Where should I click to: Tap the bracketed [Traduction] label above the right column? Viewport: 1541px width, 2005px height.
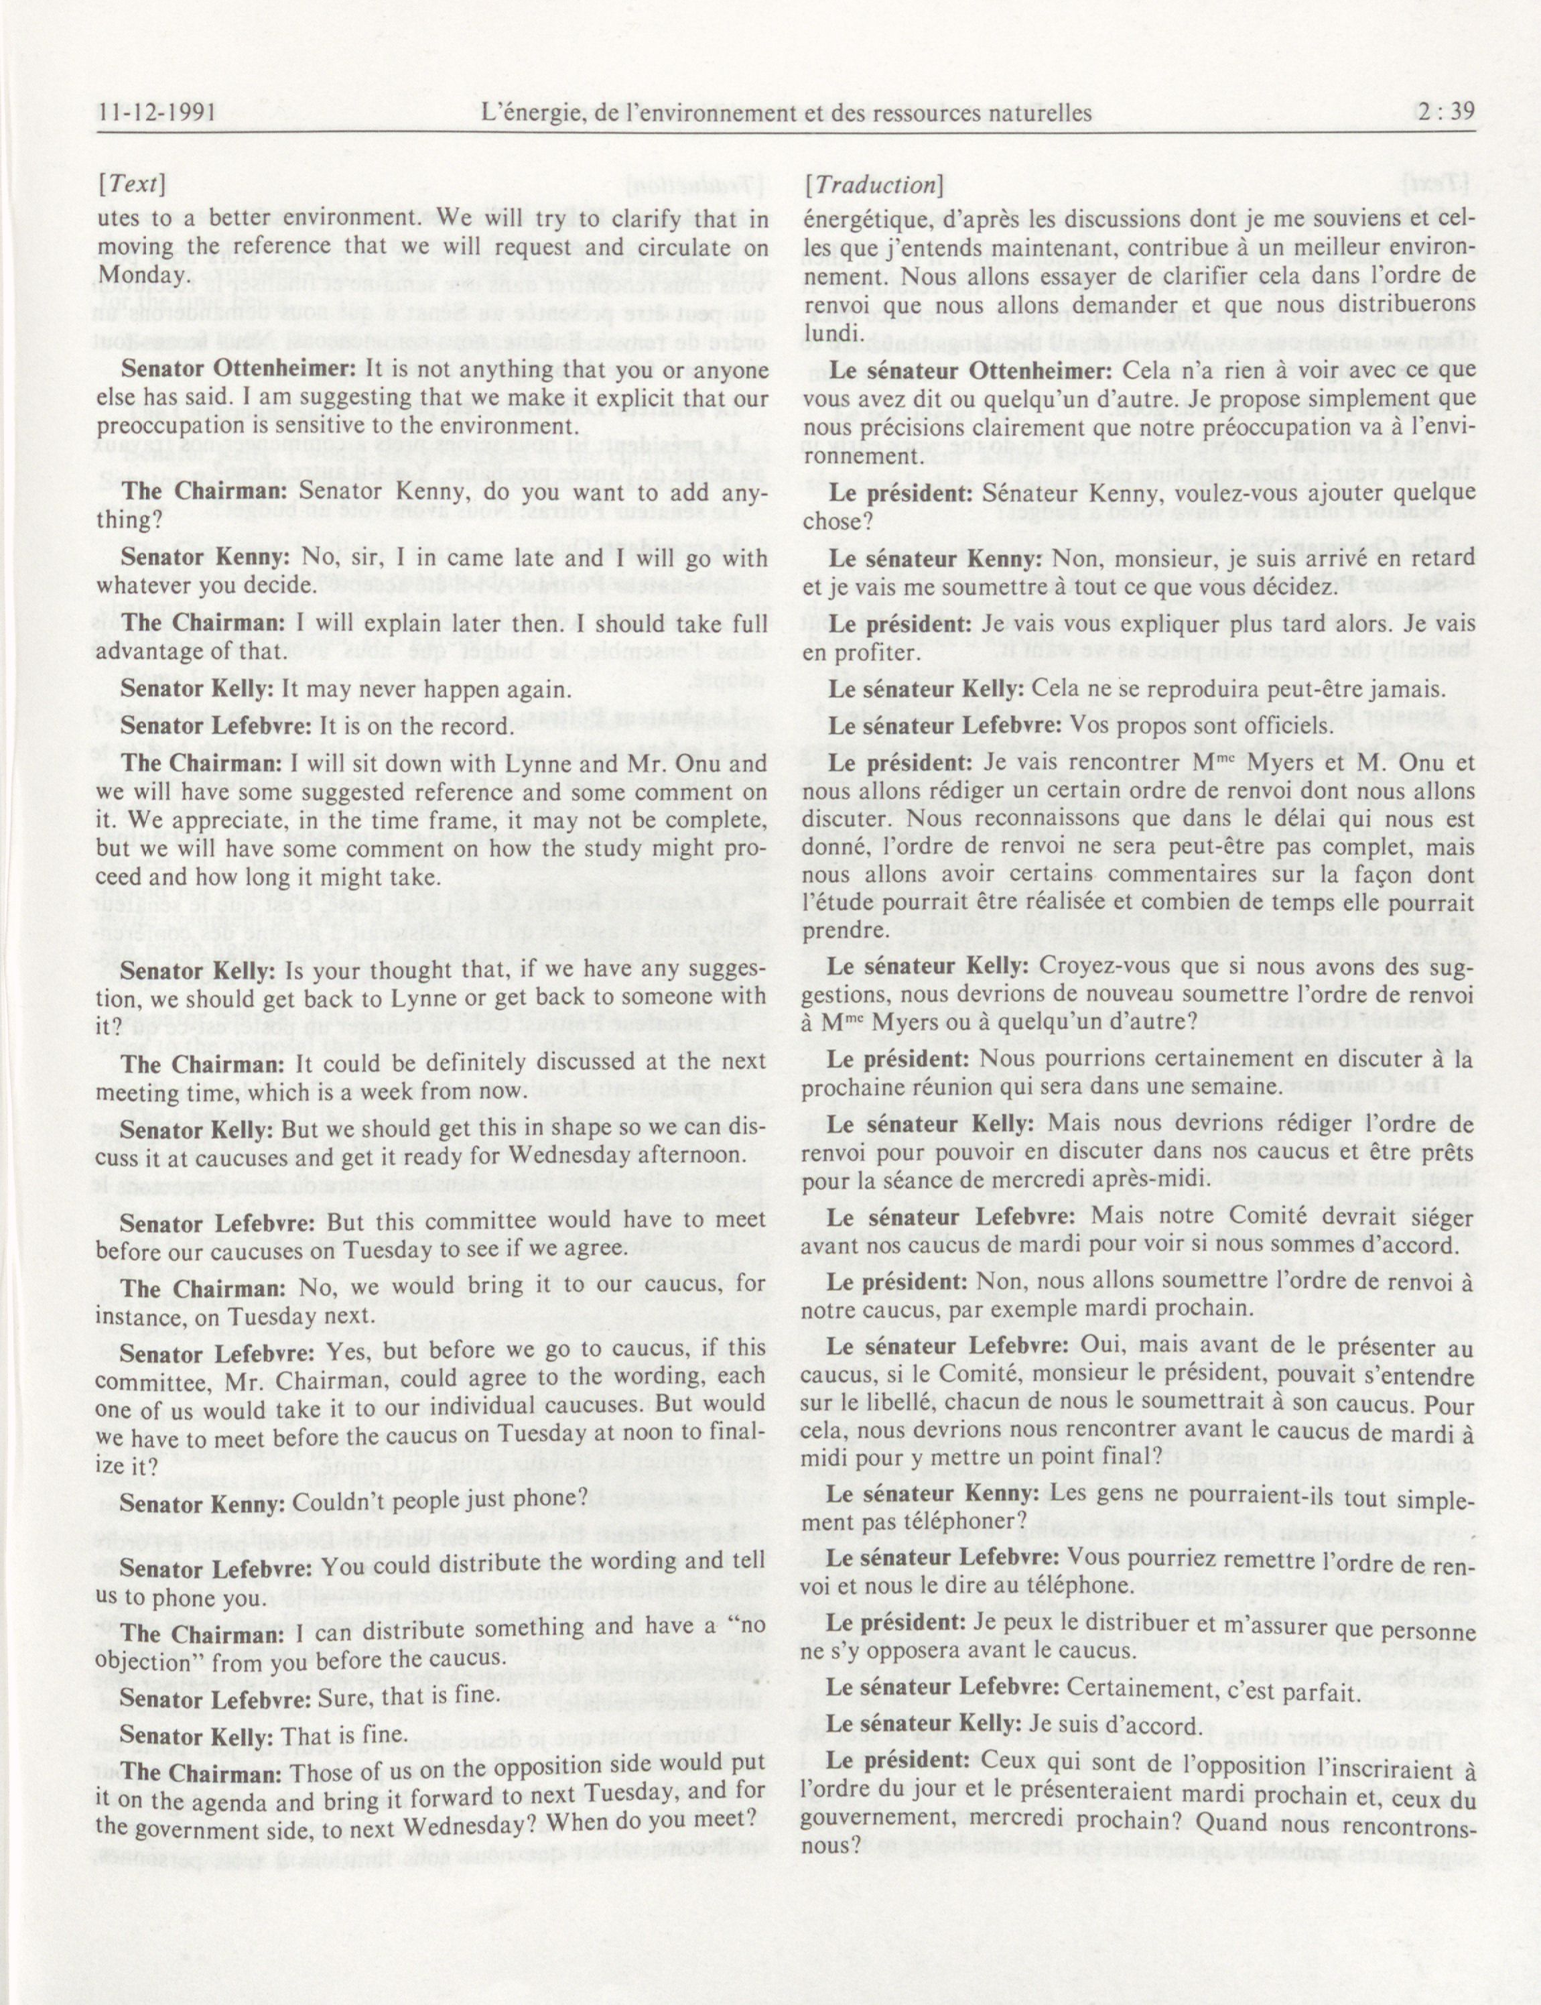point(872,184)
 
